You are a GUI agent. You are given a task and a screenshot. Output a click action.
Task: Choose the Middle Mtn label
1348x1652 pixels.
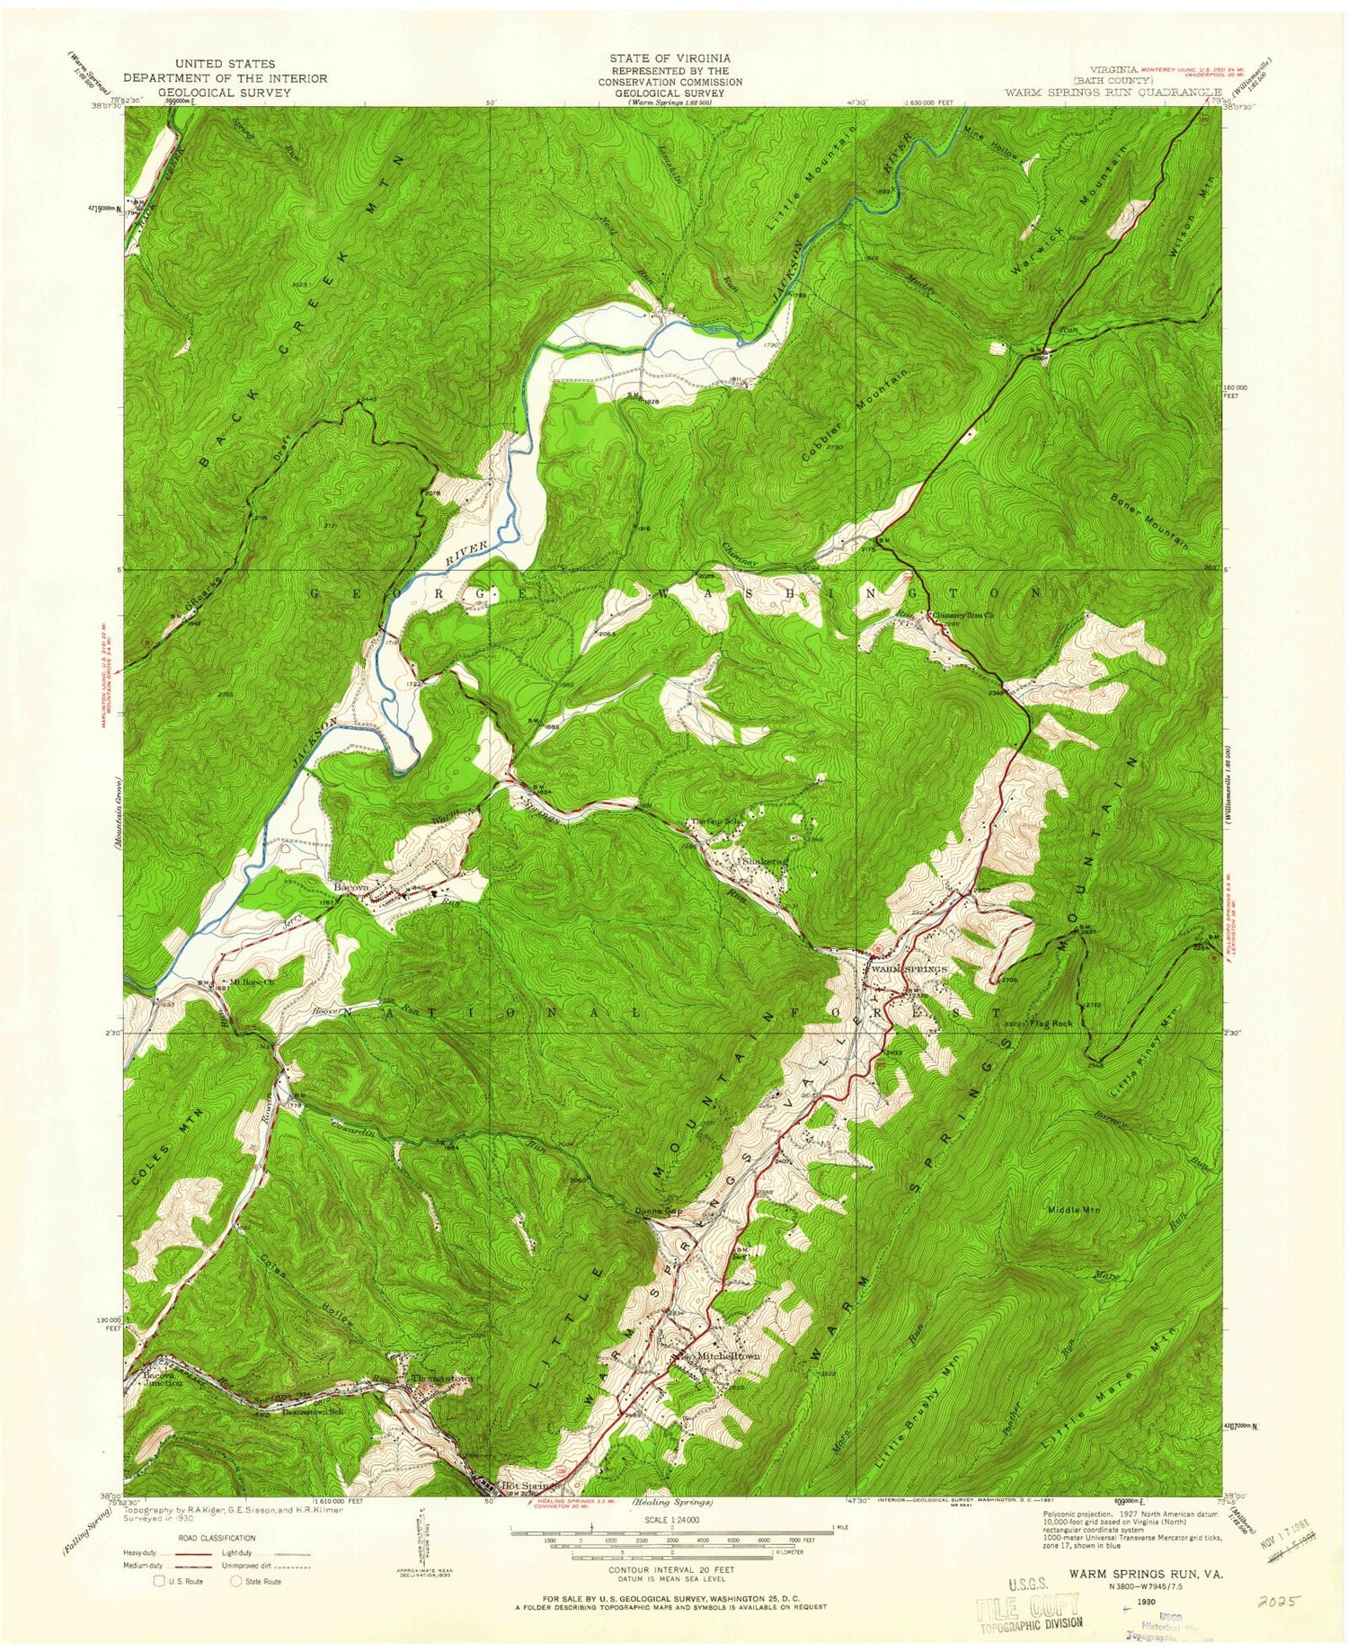click(x=1073, y=1210)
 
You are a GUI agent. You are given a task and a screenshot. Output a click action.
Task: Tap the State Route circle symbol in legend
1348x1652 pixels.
click(x=237, y=1581)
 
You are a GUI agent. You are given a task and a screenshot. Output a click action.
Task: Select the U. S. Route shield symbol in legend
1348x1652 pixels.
click(x=159, y=1581)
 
